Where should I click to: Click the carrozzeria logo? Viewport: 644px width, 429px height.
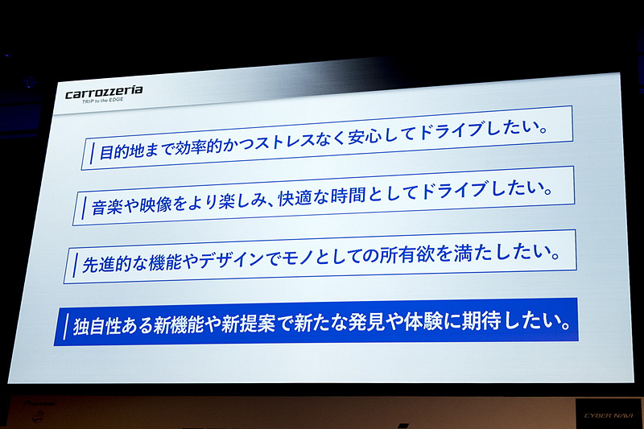click(x=104, y=92)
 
